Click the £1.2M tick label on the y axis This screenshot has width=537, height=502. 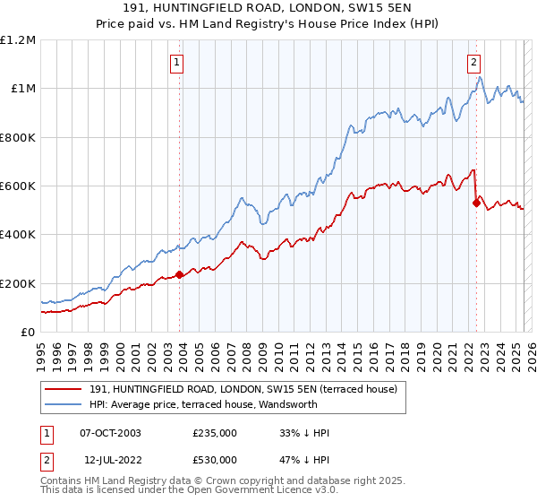(18, 40)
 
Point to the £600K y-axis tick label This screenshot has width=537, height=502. (18, 186)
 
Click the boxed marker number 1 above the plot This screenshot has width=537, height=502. (177, 63)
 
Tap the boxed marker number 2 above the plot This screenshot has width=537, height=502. (473, 63)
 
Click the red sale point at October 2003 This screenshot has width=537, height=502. (180, 275)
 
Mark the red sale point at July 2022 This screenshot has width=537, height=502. (476, 203)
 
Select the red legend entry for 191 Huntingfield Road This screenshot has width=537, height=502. (249, 388)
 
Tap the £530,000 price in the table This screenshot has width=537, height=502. (215, 460)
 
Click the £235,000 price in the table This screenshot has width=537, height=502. (215, 433)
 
